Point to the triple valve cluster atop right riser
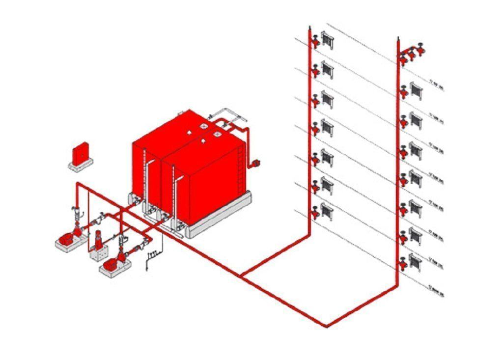coord(412,53)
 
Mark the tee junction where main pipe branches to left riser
coord(241,276)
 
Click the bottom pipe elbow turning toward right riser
coord(326,325)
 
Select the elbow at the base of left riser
coord(309,235)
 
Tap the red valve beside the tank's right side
coord(255,163)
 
